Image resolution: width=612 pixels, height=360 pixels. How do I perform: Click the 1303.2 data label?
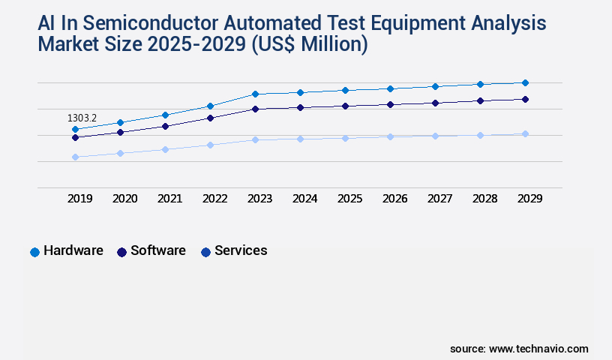(x=82, y=118)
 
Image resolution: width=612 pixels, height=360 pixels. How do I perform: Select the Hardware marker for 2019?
(x=75, y=129)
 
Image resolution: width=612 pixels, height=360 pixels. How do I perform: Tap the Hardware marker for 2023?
(x=255, y=94)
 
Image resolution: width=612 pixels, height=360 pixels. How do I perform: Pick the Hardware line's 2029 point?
(x=525, y=82)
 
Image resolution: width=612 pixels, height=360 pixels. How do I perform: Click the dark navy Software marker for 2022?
(x=210, y=118)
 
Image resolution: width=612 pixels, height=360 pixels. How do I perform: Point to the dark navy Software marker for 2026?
(x=390, y=104)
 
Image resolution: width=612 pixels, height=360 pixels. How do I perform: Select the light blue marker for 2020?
(x=120, y=153)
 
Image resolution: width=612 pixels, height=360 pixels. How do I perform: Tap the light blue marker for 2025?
(x=345, y=138)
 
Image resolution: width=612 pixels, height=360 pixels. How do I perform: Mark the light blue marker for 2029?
(x=525, y=133)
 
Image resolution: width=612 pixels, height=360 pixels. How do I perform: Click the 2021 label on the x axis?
(x=169, y=199)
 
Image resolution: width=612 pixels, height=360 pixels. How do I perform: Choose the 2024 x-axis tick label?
(x=304, y=199)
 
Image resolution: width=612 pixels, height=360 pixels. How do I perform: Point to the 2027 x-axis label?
(x=439, y=199)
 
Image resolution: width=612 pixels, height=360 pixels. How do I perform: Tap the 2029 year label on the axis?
(x=529, y=199)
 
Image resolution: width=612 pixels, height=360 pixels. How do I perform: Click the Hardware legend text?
(x=73, y=250)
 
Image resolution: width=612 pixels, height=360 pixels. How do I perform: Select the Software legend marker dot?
(x=121, y=252)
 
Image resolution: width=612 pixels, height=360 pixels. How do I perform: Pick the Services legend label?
(x=241, y=250)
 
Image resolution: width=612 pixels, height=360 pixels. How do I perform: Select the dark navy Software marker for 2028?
(x=480, y=100)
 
